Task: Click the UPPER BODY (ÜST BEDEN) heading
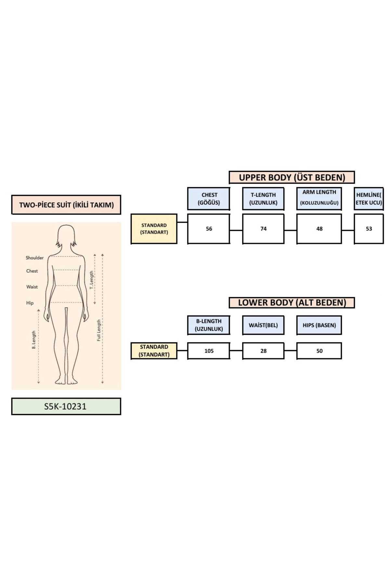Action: (292, 177)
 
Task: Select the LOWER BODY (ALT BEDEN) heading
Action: (292, 303)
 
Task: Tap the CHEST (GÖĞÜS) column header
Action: (209, 199)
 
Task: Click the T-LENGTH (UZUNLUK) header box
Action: (263, 199)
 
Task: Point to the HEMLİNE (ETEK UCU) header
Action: (369, 199)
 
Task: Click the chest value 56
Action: (209, 229)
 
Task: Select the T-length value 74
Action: (263, 229)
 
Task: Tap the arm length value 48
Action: (319, 229)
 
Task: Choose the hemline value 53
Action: (369, 229)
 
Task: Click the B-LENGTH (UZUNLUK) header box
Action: (209, 325)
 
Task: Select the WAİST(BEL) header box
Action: (263, 325)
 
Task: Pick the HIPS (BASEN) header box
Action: (319, 325)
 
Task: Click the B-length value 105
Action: (209, 351)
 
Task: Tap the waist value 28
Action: (263, 351)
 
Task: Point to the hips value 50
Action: (319, 351)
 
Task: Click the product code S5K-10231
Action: (66, 406)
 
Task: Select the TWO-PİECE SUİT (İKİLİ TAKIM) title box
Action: (66, 205)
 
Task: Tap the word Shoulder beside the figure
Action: (34, 258)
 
